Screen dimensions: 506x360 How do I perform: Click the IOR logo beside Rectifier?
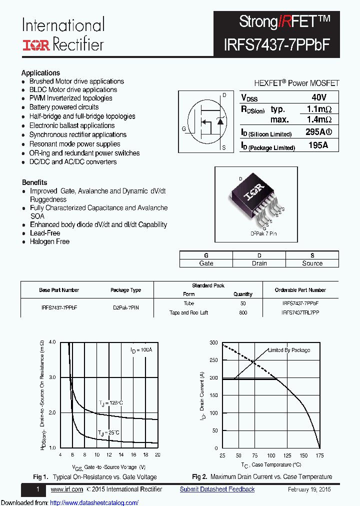pos(36,44)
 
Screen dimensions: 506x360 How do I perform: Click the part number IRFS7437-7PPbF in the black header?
pos(277,44)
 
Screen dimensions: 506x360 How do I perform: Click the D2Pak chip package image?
pos(255,198)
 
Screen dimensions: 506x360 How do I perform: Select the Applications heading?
pos(40,72)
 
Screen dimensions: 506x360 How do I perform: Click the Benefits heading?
pos(34,182)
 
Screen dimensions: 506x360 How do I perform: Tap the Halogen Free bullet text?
pos(49,241)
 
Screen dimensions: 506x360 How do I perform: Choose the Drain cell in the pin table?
pos(259,263)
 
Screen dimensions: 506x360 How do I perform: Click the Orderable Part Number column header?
pos(300,290)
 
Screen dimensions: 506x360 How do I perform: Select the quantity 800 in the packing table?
pos(243,312)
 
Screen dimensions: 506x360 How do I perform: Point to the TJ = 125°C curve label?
pos(110,402)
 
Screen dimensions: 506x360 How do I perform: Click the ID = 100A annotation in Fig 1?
pos(141,350)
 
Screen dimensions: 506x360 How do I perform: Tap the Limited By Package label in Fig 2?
pos(289,350)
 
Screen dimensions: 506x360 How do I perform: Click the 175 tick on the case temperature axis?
pos(319,455)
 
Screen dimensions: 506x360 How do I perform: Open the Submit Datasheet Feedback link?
pos(217,489)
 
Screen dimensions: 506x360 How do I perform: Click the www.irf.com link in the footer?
pos(66,489)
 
